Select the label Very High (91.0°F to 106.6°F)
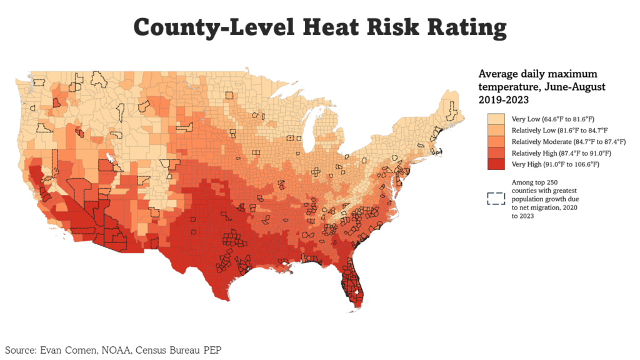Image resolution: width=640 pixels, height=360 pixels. (555, 164)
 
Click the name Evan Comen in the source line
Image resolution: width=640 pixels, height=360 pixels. (69, 349)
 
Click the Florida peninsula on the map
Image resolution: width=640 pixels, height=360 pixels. (354, 284)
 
